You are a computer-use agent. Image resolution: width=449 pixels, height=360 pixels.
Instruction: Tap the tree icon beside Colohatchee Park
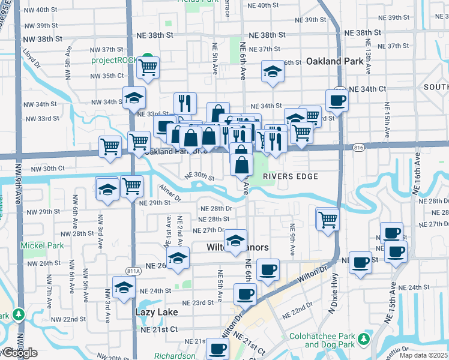pos(364,340)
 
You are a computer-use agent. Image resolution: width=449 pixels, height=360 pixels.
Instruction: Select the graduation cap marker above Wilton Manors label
pos(235,239)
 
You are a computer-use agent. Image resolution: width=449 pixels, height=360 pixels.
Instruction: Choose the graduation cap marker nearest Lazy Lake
pos(124,286)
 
